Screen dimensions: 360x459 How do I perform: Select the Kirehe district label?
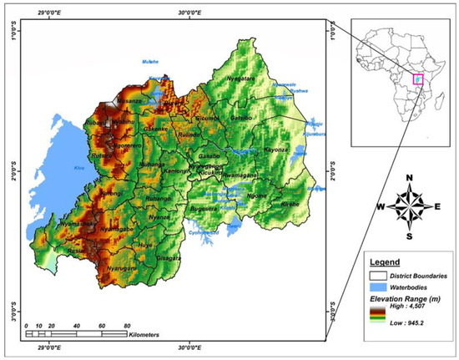coord(289,203)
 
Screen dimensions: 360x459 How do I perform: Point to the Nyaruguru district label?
coord(122,268)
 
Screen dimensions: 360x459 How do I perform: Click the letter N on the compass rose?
coord(409,177)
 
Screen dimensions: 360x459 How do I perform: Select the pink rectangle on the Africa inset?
coord(416,80)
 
